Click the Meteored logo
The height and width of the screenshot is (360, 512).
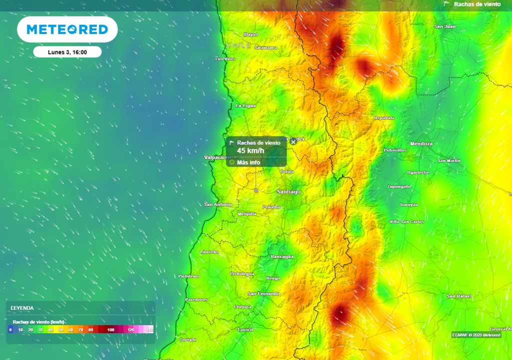point(67,29)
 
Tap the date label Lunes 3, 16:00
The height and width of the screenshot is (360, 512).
point(67,52)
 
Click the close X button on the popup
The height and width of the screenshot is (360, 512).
point(293,142)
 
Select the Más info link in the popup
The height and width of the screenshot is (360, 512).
point(248,162)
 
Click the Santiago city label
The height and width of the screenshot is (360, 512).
point(289,191)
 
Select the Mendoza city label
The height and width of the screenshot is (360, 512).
point(421,144)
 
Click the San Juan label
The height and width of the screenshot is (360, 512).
point(445,26)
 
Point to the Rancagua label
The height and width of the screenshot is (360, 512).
point(282,256)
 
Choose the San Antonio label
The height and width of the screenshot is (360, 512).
point(218,204)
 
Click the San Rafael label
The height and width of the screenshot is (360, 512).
point(459,296)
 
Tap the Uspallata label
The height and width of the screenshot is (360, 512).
point(384,118)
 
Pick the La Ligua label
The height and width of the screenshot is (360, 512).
point(245,106)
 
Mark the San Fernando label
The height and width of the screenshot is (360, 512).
point(264,293)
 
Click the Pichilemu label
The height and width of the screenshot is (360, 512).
point(189,276)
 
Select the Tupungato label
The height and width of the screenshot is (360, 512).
point(399,186)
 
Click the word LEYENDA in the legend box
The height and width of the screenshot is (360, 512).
point(22,308)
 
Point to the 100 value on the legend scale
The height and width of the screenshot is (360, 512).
point(110,330)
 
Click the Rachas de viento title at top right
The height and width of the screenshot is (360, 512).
point(477,4)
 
